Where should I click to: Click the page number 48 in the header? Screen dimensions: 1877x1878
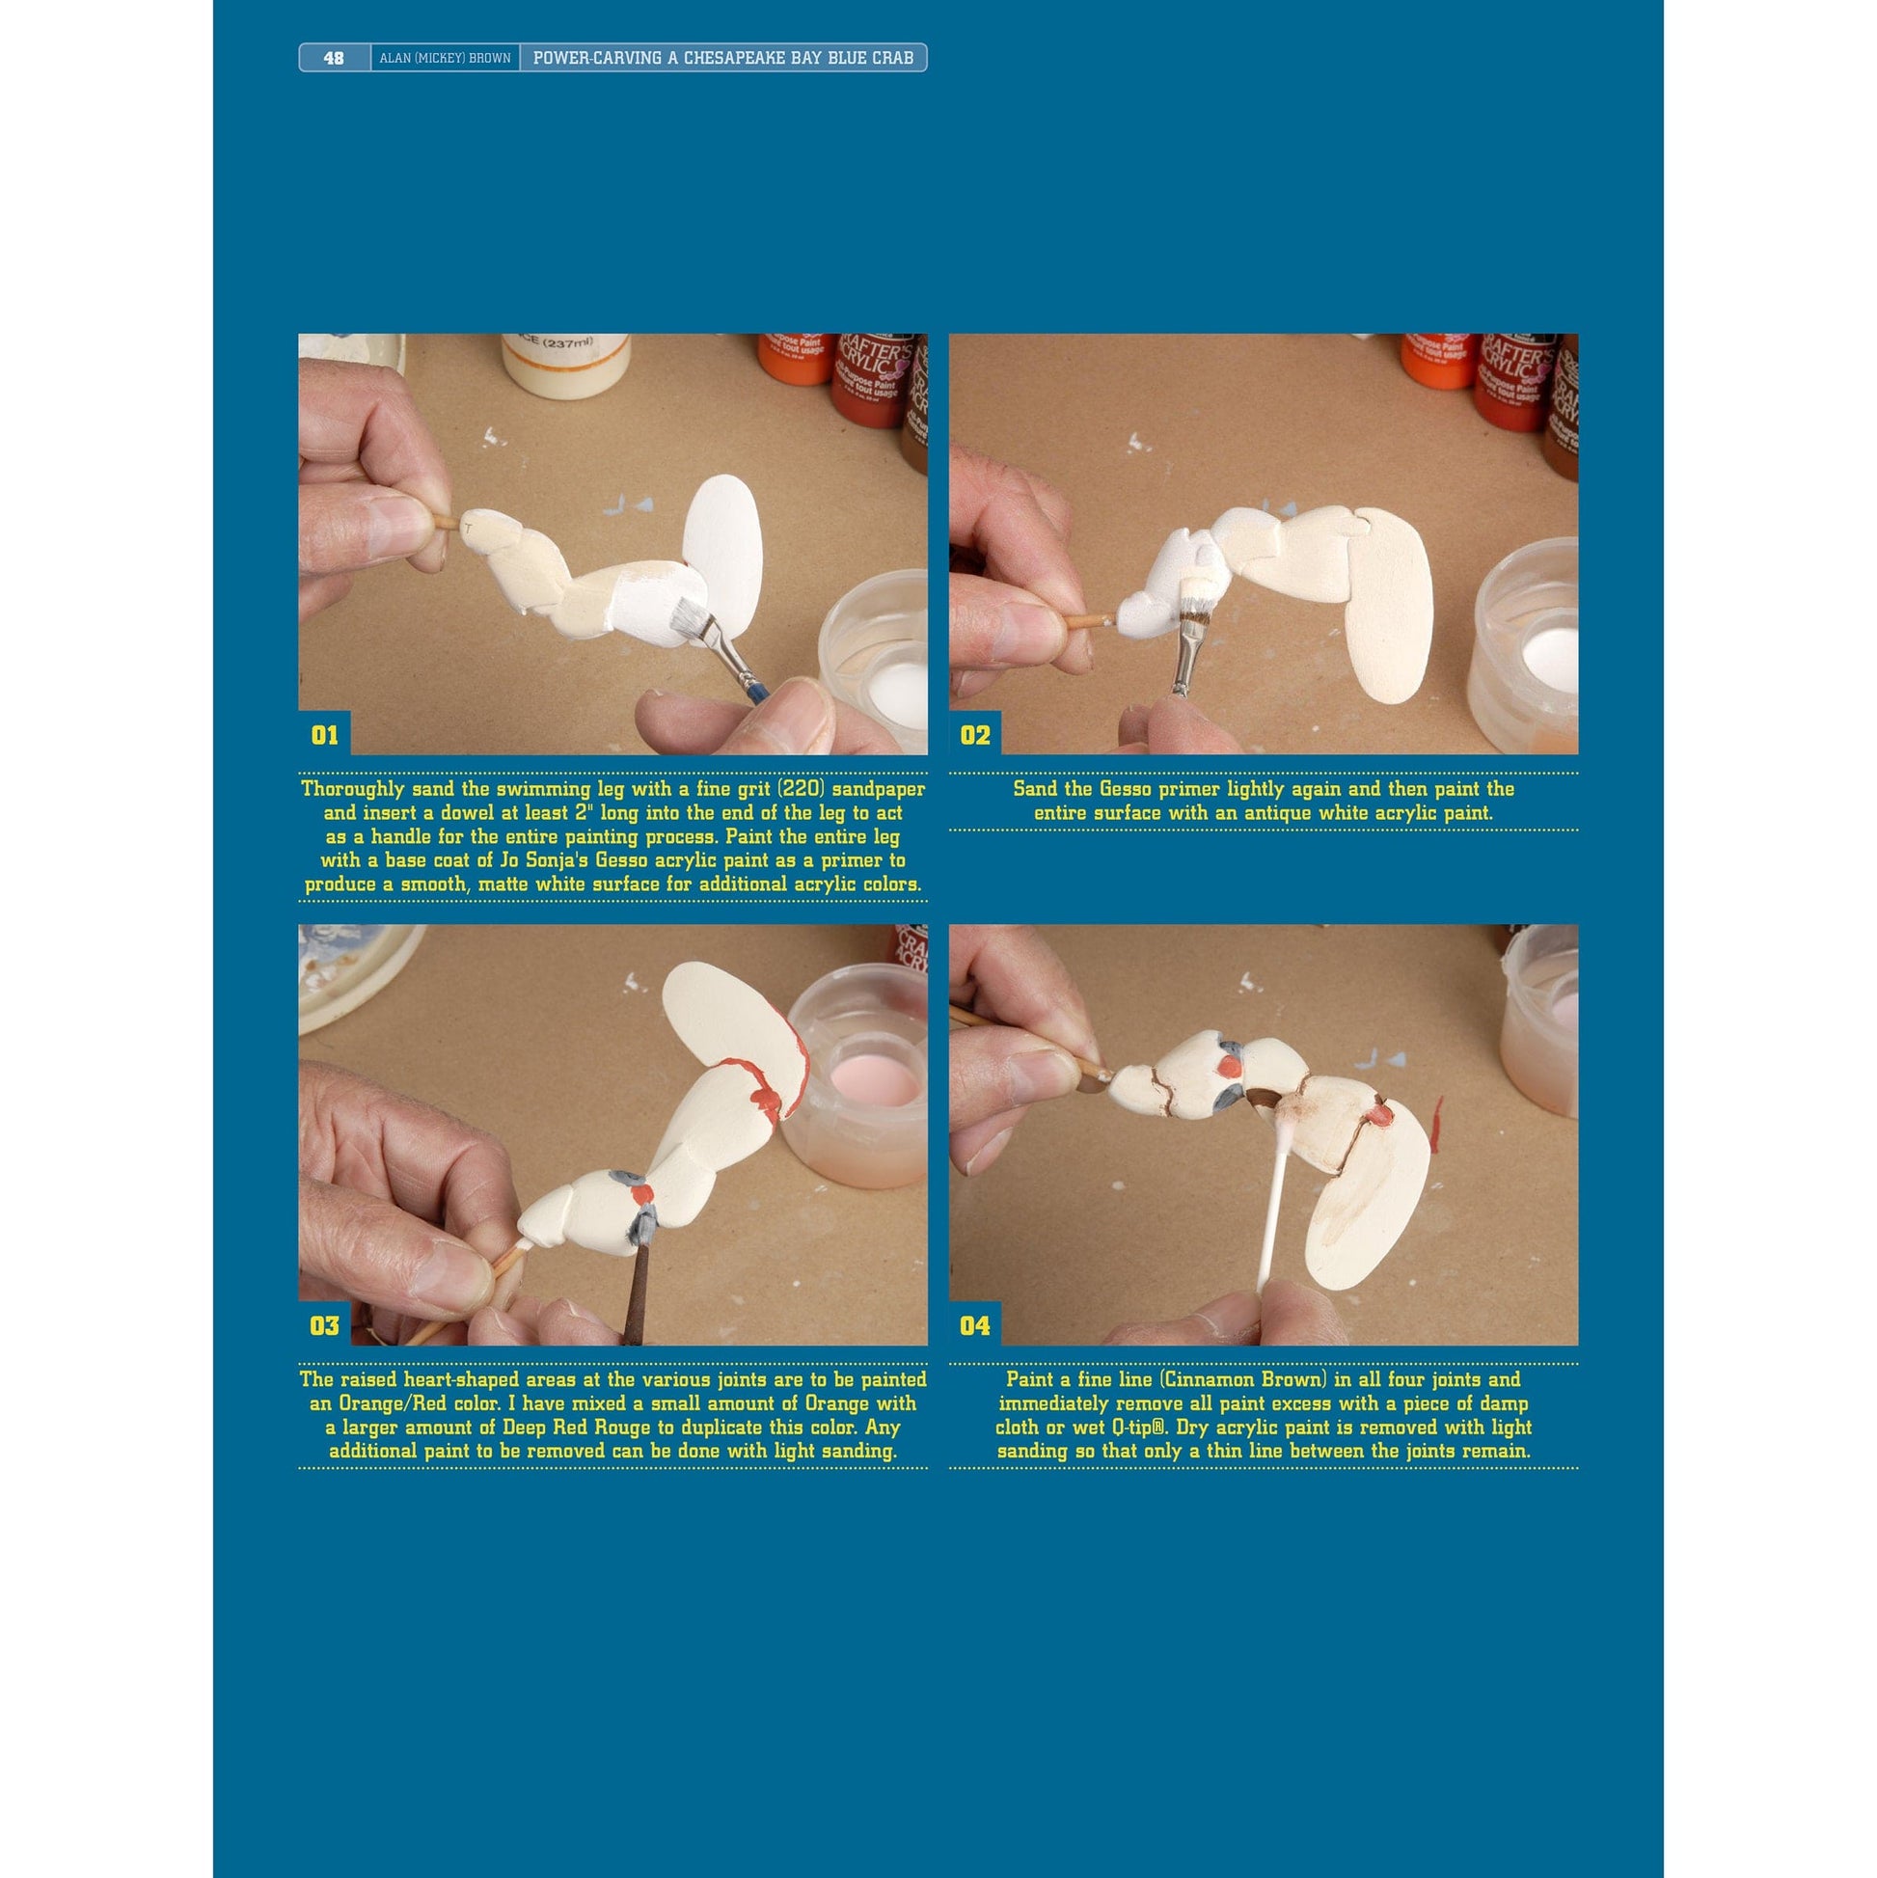click(334, 58)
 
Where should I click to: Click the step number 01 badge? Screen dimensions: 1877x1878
click(325, 734)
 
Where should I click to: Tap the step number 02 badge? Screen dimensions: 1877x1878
click(975, 734)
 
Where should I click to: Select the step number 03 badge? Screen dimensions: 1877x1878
click(325, 1325)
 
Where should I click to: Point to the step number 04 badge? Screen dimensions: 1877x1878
click(975, 1325)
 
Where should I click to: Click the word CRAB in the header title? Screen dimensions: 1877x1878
click(892, 58)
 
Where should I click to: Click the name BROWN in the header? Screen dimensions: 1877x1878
click(490, 58)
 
